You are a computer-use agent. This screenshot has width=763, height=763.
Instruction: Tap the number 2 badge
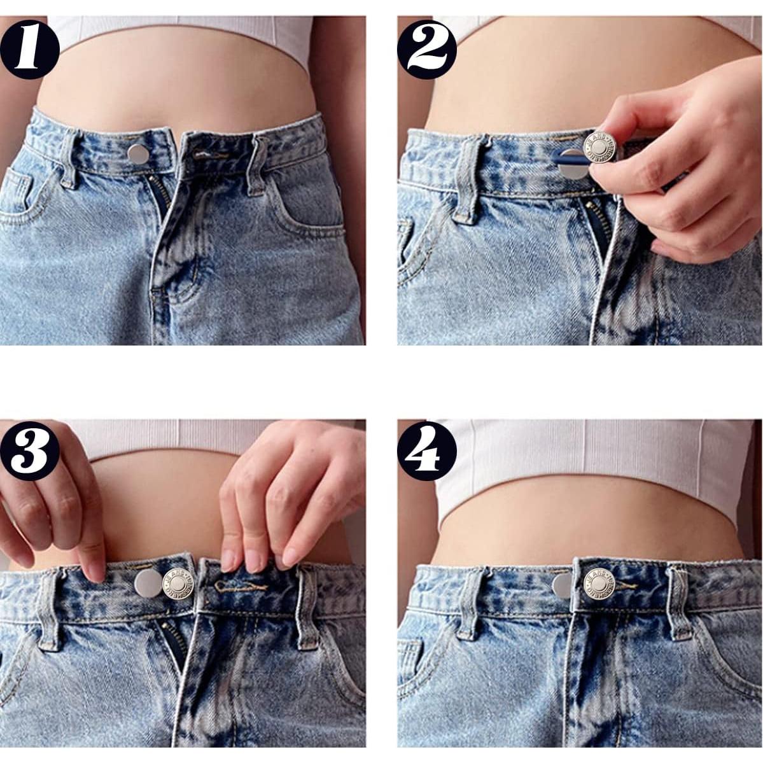[427, 49]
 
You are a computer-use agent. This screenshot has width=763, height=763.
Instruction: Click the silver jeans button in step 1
[136, 153]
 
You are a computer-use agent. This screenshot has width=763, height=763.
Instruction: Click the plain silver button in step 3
[148, 581]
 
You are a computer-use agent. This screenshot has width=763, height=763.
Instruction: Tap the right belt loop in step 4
[679, 601]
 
